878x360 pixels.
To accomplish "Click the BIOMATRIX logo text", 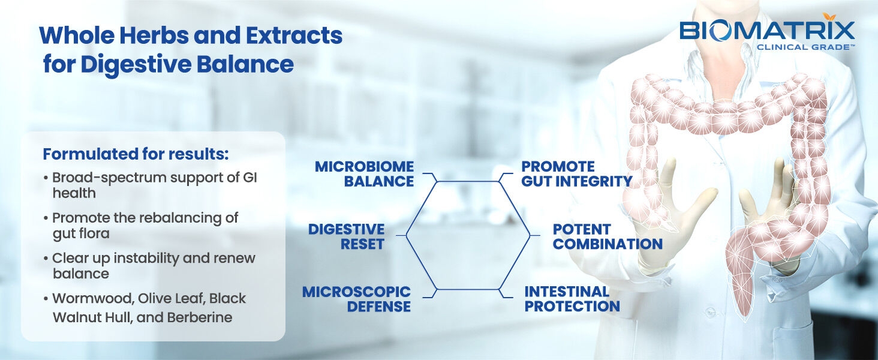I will pyautogui.click(x=767, y=31).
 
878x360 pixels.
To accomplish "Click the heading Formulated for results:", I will pyautogui.click(x=136, y=154).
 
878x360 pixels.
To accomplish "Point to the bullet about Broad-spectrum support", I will pyautogui.click(x=154, y=185).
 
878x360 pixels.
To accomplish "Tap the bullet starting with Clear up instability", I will pyautogui.click(x=153, y=265).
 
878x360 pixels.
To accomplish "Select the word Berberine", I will pyautogui.click(x=201, y=318).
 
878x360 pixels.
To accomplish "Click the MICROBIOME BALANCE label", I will pyautogui.click(x=365, y=173).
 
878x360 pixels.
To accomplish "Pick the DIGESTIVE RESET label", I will pyautogui.click(x=346, y=236).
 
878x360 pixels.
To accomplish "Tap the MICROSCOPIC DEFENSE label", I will pyautogui.click(x=357, y=299).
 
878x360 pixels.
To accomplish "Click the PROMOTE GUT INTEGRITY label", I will pyautogui.click(x=576, y=173).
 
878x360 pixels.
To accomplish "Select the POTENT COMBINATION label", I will pyautogui.click(x=607, y=236).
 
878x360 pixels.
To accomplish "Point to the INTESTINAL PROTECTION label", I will pyautogui.click(x=572, y=299).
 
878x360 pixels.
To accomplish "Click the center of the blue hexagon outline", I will pyautogui.click(x=468, y=235).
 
